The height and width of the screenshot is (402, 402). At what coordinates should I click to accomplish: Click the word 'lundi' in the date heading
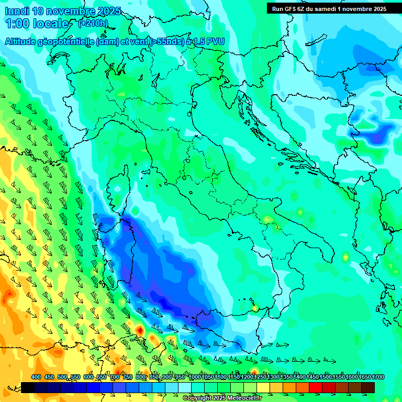pyautogui.click(x=17, y=11)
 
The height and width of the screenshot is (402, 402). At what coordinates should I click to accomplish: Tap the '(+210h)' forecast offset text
pyautogui.click(x=93, y=24)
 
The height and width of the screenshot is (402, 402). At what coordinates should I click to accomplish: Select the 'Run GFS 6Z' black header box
pyautogui.click(x=329, y=8)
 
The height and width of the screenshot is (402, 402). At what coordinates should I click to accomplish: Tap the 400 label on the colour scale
pyautogui.click(x=36, y=377)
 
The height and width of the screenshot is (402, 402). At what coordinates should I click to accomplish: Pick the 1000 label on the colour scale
pyautogui.click(x=195, y=377)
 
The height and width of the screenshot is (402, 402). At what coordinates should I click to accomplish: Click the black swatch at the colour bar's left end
pyautogui.click(x=28, y=387)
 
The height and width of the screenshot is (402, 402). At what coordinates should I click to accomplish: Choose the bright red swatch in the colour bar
pyautogui.click(x=316, y=387)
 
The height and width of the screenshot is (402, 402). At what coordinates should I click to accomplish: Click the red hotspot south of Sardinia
pyautogui.click(x=140, y=330)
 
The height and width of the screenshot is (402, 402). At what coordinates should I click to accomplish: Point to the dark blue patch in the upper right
pyautogui.click(x=378, y=135)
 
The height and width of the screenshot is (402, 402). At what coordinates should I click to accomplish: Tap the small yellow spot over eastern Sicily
pyautogui.click(x=254, y=308)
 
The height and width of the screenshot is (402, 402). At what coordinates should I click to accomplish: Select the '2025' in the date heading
pyautogui.click(x=107, y=11)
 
